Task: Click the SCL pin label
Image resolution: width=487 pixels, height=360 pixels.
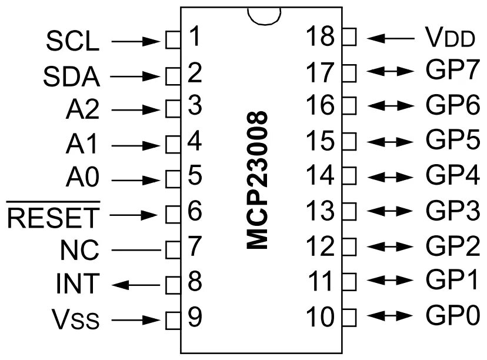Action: pyautogui.click(x=73, y=42)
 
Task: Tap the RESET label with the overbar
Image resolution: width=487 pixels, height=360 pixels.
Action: pyautogui.click(x=54, y=216)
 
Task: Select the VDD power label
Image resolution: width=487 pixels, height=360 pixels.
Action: pyautogui.click(x=449, y=38)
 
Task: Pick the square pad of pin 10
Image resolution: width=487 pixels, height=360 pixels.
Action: pyautogui.click(x=349, y=317)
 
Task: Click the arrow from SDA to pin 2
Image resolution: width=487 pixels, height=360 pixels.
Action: pyautogui.click(x=137, y=76)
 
